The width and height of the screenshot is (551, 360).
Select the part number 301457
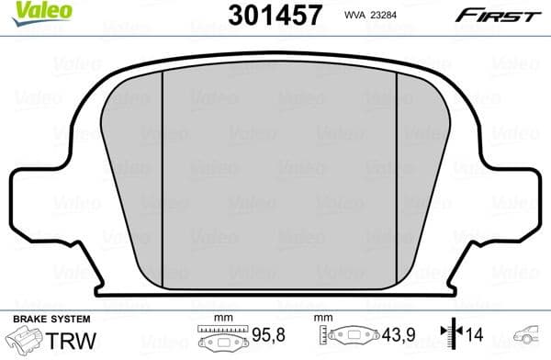pos(274,14)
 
